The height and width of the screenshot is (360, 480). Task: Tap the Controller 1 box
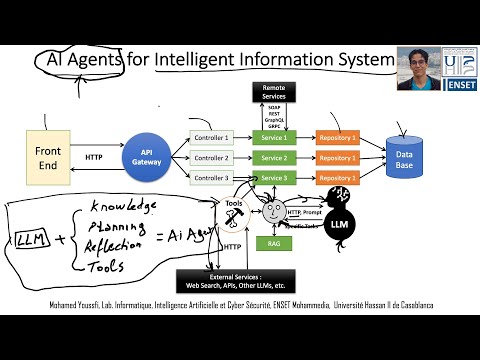211,137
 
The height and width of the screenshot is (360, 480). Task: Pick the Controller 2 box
211,158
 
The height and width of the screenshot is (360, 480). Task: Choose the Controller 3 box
211,178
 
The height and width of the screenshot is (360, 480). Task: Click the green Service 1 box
273,137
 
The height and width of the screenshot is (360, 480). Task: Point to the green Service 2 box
273,158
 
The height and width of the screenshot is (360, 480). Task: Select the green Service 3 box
273,178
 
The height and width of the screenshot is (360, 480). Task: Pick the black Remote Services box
273,91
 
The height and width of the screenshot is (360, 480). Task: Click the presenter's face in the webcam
417,66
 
